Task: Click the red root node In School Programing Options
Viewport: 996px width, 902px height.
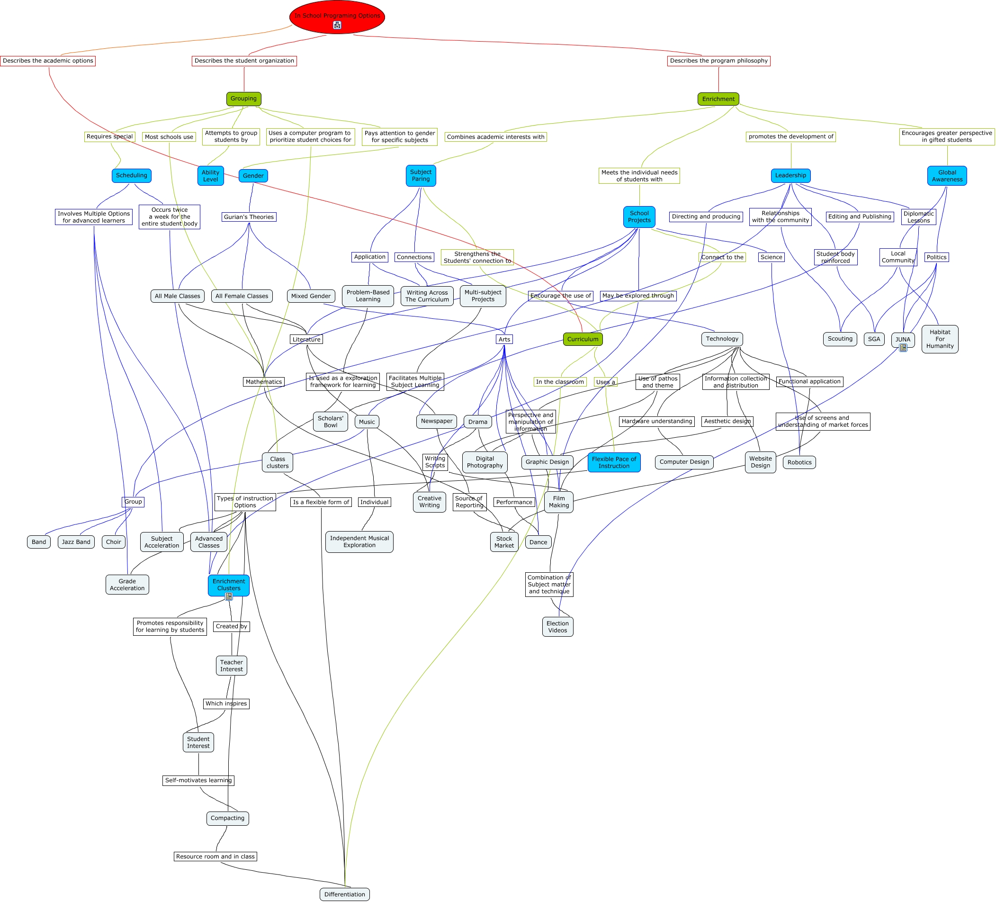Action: pos(337,17)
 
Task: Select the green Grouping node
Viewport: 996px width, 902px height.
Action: pos(243,99)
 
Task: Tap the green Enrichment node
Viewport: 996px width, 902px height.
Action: pos(718,99)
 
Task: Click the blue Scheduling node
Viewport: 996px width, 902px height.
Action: pos(131,175)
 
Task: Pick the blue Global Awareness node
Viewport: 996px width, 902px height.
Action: pos(947,176)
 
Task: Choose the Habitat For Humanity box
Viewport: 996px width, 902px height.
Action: pos(939,339)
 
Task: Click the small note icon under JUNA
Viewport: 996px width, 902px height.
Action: pos(903,348)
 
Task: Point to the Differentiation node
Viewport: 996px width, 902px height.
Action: pos(344,894)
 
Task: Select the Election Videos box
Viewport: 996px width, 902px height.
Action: pos(557,627)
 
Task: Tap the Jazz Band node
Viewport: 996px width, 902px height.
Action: pos(76,542)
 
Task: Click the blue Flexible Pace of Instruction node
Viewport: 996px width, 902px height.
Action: pos(614,463)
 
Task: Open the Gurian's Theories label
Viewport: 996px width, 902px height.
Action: pos(249,217)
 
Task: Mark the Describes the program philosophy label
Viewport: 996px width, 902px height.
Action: pos(718,61)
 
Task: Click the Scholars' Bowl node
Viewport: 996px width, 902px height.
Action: pos(331,422)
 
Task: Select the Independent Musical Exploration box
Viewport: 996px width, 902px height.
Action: pos(359,541)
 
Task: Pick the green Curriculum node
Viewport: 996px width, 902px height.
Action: pos(583,339)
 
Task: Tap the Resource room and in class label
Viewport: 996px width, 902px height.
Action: pos(215,857)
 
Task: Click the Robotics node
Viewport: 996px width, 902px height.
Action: pos(799,463)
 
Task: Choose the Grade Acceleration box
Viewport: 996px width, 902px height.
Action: pos(127,585)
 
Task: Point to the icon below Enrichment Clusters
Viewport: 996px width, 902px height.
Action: pos(228,596)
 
